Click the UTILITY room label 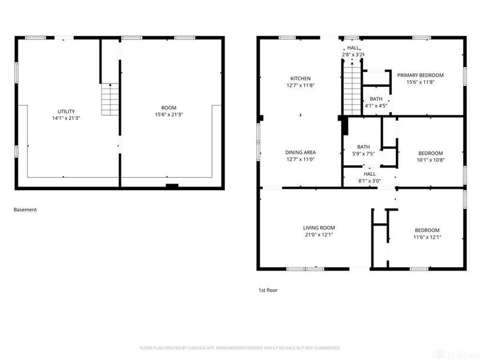66,112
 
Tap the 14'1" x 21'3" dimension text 66,118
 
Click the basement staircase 109,100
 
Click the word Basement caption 25,210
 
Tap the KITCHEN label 301,79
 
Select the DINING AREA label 301,152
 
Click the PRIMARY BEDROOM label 420,75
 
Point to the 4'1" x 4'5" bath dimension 376,106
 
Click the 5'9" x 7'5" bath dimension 364,154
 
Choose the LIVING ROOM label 319,228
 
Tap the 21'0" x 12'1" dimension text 319,235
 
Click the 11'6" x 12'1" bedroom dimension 427,237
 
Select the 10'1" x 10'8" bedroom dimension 430,160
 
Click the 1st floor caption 268,290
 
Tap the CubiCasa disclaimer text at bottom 240,348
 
